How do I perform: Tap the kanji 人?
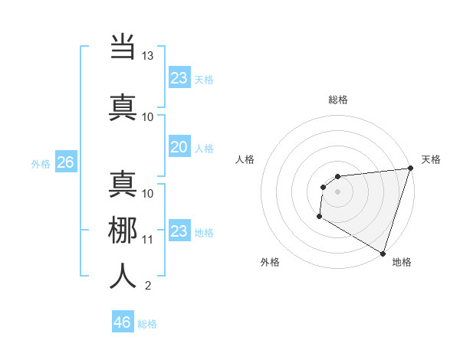click(x=123, y=275)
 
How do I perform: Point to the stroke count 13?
click(x=147, y=56)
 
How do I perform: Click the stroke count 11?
click(x=147, y=239)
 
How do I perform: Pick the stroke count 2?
click(x=147, y=286)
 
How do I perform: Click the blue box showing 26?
click(x=65, y=162)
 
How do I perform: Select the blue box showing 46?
click(x=123, y=322)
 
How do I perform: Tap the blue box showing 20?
click(x=179, y=147)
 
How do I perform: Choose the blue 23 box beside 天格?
click(x=179, y=77)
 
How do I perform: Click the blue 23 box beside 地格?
click(x=179, y=231)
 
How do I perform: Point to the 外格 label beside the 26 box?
click(x=41, y=163)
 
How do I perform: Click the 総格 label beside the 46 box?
click(x=148, y=323)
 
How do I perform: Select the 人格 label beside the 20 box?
click(x=204, y=148)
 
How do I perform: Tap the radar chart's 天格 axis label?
click(x=431, y=159)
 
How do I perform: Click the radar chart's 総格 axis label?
click(x=337, y=100)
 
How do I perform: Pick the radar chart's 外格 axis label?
click(x=270, y=262)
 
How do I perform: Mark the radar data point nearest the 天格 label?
click(x=410, y=169)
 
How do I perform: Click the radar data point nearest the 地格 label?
click(x=383, y=253)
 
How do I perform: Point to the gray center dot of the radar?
click(x=337, y=191)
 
